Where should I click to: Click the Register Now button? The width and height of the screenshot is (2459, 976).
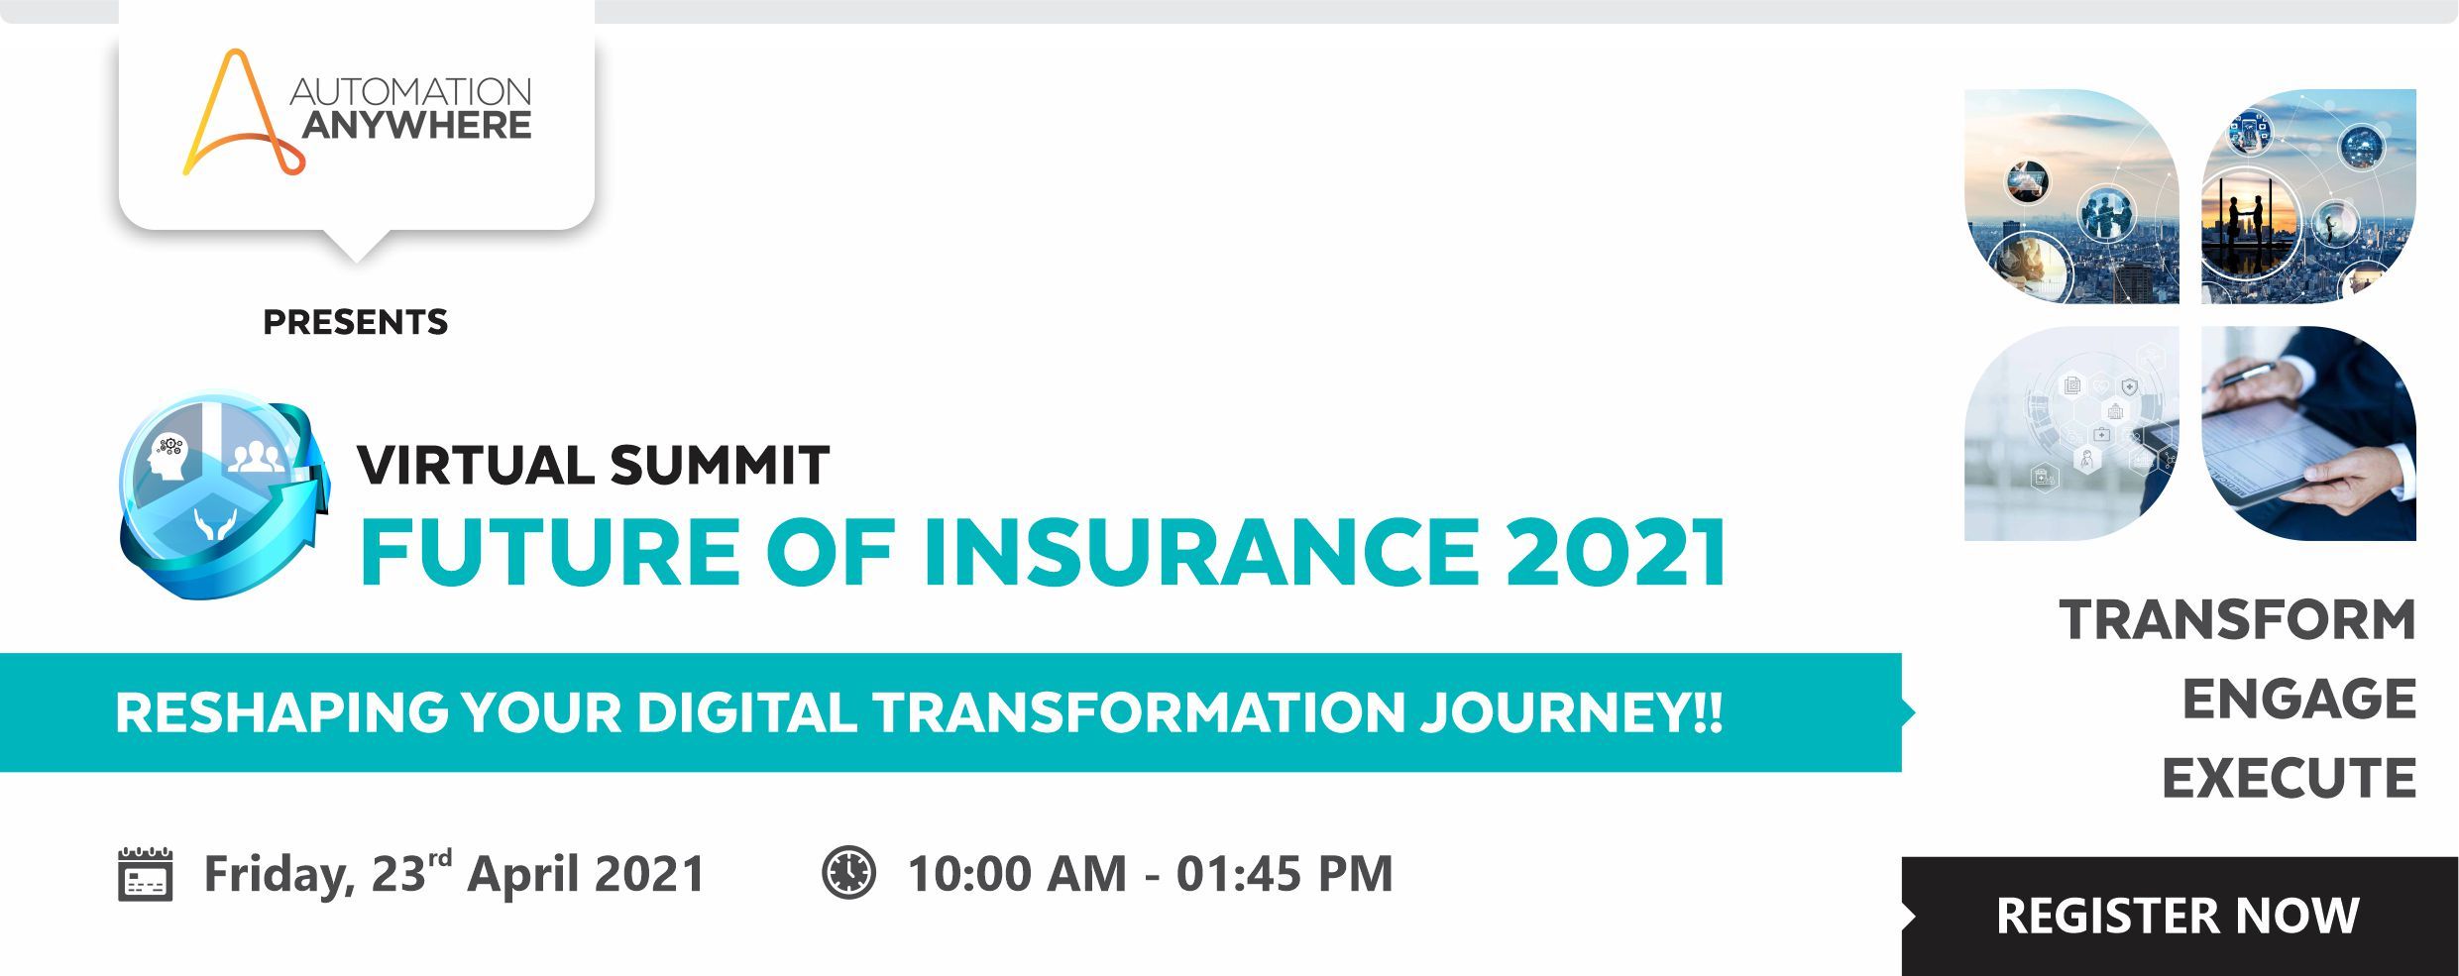tap(2180, 916)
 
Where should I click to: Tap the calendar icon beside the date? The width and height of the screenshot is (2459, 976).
tap(146, 874)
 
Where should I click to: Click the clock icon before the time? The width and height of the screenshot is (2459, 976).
tap(849, 873)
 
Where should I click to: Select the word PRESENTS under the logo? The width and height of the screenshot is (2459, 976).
tap(356, 322)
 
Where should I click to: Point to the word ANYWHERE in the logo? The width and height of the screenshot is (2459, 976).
tap(416, 126)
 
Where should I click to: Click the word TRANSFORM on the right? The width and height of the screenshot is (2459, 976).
tap(2238, 620)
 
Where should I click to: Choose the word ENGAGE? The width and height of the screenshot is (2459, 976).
tap(2299, 700)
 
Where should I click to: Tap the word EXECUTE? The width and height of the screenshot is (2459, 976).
tap(2290, 779)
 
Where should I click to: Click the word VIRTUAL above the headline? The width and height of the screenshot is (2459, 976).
tap(476, 466)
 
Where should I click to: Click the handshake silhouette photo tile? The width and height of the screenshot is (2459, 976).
tap(2309, 196)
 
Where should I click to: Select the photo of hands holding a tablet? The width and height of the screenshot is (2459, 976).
tap(2309, 434)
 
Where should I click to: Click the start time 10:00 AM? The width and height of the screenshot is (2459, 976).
tap(1017, 874)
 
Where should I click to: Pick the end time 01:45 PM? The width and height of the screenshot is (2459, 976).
tap(1285, 874)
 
